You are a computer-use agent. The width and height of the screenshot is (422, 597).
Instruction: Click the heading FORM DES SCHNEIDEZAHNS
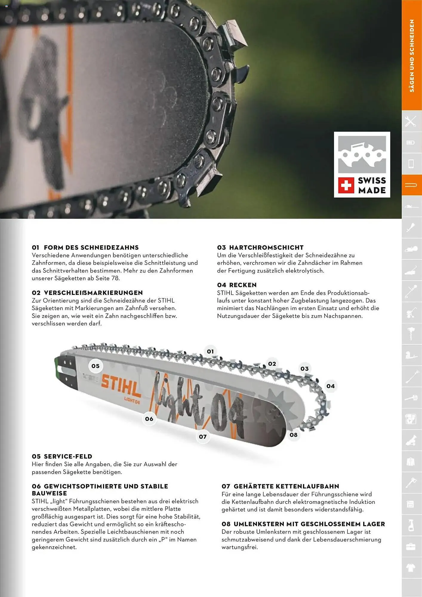click(x=91, y=247)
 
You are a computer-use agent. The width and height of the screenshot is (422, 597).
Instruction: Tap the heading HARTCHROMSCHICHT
click(x=266, y=247)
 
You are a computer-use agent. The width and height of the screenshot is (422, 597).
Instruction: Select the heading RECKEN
click(x=243, y=285)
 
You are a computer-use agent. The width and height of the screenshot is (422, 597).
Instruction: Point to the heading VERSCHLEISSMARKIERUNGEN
click(x=93, y=293)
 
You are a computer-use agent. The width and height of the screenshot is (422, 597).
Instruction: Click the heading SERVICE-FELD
click(x=68, y=456)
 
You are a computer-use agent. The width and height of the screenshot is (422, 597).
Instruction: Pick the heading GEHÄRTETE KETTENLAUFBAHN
click(x=286, y=486)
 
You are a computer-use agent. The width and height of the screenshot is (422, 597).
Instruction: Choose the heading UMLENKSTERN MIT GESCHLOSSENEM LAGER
click(x=309, y=524)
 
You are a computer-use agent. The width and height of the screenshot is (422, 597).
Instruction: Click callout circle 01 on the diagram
click(x=210, y=351)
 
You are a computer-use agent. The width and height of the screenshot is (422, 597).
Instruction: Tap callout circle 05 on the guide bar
click(x=96, y=366)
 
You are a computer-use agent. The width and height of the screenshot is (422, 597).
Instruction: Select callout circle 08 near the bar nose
click(x=294, y=435)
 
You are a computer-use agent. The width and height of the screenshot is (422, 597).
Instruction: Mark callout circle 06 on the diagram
click(x=149, y=419)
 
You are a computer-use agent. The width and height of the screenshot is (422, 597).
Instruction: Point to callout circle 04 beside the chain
click(x=331, y=386)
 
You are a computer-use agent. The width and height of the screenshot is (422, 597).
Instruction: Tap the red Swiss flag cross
click(x=346, y=185)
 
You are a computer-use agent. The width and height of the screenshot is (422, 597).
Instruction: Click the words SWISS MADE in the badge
click(x=372, y=185)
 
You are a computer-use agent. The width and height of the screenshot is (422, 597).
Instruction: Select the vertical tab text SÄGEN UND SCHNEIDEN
click(x=412, y=56)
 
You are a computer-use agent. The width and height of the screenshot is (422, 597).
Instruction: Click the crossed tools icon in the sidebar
click(x=411, y=121)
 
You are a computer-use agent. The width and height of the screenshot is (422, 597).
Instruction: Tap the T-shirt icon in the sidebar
click(x=411, y=568)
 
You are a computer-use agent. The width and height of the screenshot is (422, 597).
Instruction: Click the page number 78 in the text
click(x=115, y=278)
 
